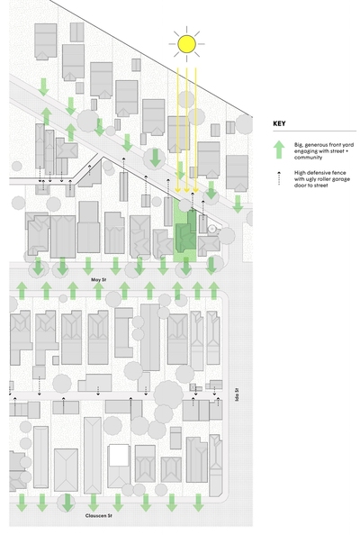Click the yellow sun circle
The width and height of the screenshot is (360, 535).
(x=186, y=44)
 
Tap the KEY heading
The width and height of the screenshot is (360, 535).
(x=279, y=123)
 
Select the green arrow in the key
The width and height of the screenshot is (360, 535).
(x=279, y=150)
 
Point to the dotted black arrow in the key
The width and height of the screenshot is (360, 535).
(x=279, y=178)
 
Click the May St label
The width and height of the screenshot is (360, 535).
(x=98, y=280)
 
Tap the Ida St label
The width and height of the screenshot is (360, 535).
(x=237, y=394)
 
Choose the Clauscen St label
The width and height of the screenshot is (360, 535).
(x=98, y=515)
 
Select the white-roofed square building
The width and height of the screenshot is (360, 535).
(x=119, y=456)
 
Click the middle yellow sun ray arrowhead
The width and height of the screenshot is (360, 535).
(x=186, y=190)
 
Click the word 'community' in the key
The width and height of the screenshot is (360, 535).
(x=308, y=158)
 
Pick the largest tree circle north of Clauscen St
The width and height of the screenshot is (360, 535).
(x=168, y=394)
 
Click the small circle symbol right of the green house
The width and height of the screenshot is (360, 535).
(x=212, y=229)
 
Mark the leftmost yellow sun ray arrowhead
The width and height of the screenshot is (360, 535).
(x=177, y=190)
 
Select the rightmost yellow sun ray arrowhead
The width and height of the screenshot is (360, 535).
(x=195, y=190)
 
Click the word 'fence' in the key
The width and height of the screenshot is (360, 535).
(x=338, y=173)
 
